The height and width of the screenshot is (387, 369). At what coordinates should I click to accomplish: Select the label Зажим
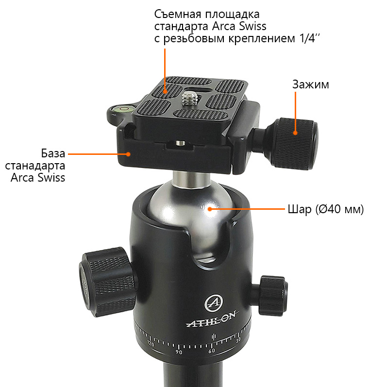click(311, 84)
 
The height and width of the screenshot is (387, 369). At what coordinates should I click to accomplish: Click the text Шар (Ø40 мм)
click(326, 209)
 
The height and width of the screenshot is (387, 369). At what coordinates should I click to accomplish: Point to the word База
click(53, 153)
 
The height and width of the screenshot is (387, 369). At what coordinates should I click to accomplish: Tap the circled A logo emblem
click(214, 303)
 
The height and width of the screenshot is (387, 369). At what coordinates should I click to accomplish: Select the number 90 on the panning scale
click(179, 352)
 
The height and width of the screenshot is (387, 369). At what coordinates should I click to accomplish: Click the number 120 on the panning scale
click(151, 344)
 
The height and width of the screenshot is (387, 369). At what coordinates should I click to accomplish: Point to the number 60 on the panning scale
click(212, 351)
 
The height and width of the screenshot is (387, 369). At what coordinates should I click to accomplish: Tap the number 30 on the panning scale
click(238, 340)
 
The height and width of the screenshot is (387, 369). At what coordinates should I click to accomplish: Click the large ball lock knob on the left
click(107, 282)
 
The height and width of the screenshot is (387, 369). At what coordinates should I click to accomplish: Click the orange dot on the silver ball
click(210, 209)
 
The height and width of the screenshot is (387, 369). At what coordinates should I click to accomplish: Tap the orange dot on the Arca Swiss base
click(128, 154)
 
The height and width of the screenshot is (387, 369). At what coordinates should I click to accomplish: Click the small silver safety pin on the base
click(181, 143)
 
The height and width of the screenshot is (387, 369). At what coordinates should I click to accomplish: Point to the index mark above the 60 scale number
click(213, 337)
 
